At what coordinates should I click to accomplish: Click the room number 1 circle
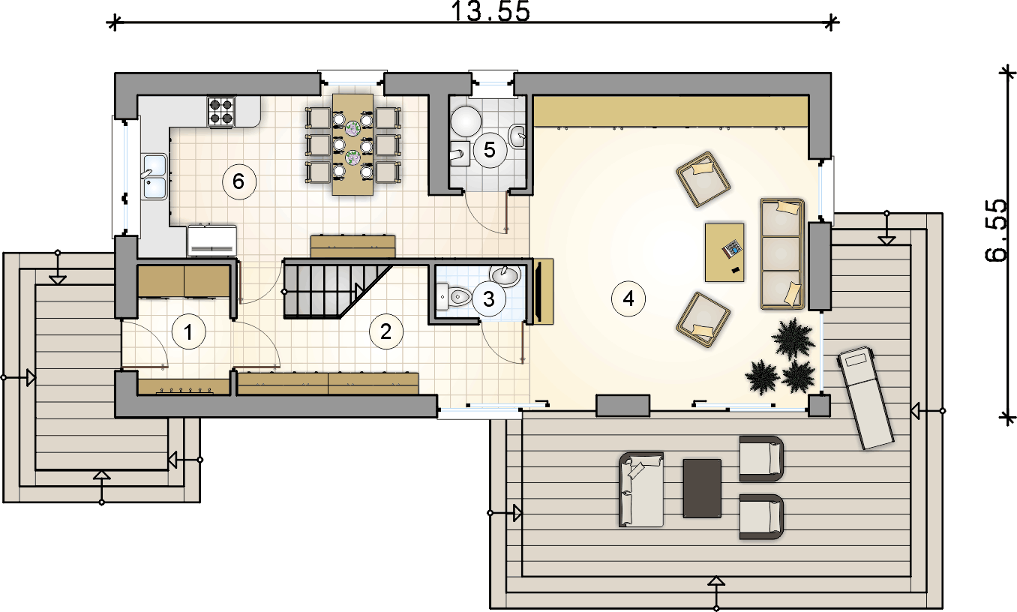tap(188, 332)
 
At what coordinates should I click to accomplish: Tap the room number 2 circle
tap(386, 332)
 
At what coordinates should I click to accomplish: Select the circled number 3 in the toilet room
tap(489, 298)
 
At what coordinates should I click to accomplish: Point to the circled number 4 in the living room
tap(628, 298)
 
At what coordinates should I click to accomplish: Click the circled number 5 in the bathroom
tap(490, 150)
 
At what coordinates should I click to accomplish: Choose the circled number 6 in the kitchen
tap(238, 181)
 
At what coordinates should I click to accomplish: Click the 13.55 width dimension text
tap(490, 11)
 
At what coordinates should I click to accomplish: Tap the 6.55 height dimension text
tap(996, 230)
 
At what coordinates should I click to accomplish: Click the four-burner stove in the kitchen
tap(221, 112)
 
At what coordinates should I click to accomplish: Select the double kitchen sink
tap(154, 177)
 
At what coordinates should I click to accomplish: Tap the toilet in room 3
tap(454, 297)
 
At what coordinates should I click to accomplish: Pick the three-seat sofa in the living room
tap(782, 253)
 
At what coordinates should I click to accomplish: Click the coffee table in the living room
tap(724, 253)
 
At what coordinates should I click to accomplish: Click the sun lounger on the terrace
tap(865, 398)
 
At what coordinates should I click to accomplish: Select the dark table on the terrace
tap(702, 488)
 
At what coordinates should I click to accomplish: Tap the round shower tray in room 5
tap(466, 121)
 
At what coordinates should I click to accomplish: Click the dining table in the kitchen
tap(352, 144)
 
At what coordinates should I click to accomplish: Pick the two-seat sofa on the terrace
tap(641, 490)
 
